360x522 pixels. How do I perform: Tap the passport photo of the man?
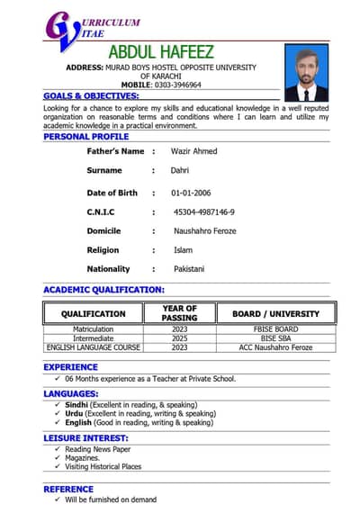pos(307,74)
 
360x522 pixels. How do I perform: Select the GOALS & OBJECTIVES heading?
pos(91,95)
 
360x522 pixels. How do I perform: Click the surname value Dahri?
pos(180,170)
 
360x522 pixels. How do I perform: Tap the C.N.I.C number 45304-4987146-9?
pos(204,211)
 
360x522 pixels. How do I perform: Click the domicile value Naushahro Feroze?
pos(205,231)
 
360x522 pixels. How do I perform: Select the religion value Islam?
pos(183,250)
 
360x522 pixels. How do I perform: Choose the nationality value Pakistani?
pos(189,269)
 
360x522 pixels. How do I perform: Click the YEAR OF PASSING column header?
pos(179,313)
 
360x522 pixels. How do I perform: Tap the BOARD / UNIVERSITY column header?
pos(275,314)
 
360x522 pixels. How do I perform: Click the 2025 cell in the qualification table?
pos(179,338)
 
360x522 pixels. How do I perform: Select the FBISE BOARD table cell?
pos(275,329)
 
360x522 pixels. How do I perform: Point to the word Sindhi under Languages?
pos(76,405)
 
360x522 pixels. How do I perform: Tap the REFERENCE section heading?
pos(68,489)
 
